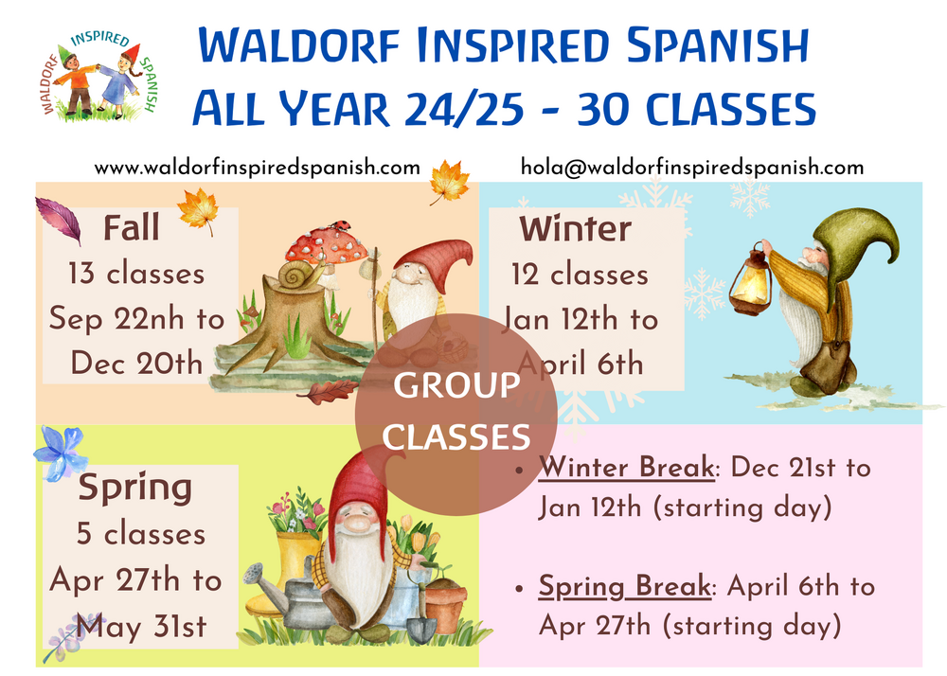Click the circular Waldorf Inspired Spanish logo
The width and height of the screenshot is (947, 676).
pyautogui.click(x=99, y=76)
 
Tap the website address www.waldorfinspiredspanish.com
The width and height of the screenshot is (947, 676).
pyautogui.click(x=258, y=168)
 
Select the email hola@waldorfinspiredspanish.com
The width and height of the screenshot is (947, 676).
pyautogui.click(x=692, y=168)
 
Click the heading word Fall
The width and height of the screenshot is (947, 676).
pyautogui.click(x=132, y=227)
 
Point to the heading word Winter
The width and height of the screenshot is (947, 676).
pyautogui.click(x=575, y=229)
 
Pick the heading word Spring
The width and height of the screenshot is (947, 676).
pyautogui.click(x=134, y=488)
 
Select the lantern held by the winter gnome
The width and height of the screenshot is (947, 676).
pyautogui.click(x=752, y=280)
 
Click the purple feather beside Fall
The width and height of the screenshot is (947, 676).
pyautogui.click(x=58, y=221)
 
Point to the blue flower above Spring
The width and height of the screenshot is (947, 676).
pyautogui.click(x=61, y=453)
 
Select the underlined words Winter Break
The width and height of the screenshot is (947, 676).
pyautogui.click(x=626, y=468)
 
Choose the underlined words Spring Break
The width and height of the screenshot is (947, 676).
pyautogui.click(x=624, y=587)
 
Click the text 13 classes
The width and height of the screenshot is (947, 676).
pyautogui.click(x=136, y=274)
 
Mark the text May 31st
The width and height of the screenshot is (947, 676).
pyautogui.click(x=141, y=627)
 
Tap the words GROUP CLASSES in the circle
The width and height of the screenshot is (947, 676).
pyautogui.click(x=456, y=411)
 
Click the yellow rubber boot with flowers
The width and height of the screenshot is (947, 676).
pyautogui.click(x=290, y=567)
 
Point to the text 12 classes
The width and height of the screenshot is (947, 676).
pyautogui.click(x=580, y=275)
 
